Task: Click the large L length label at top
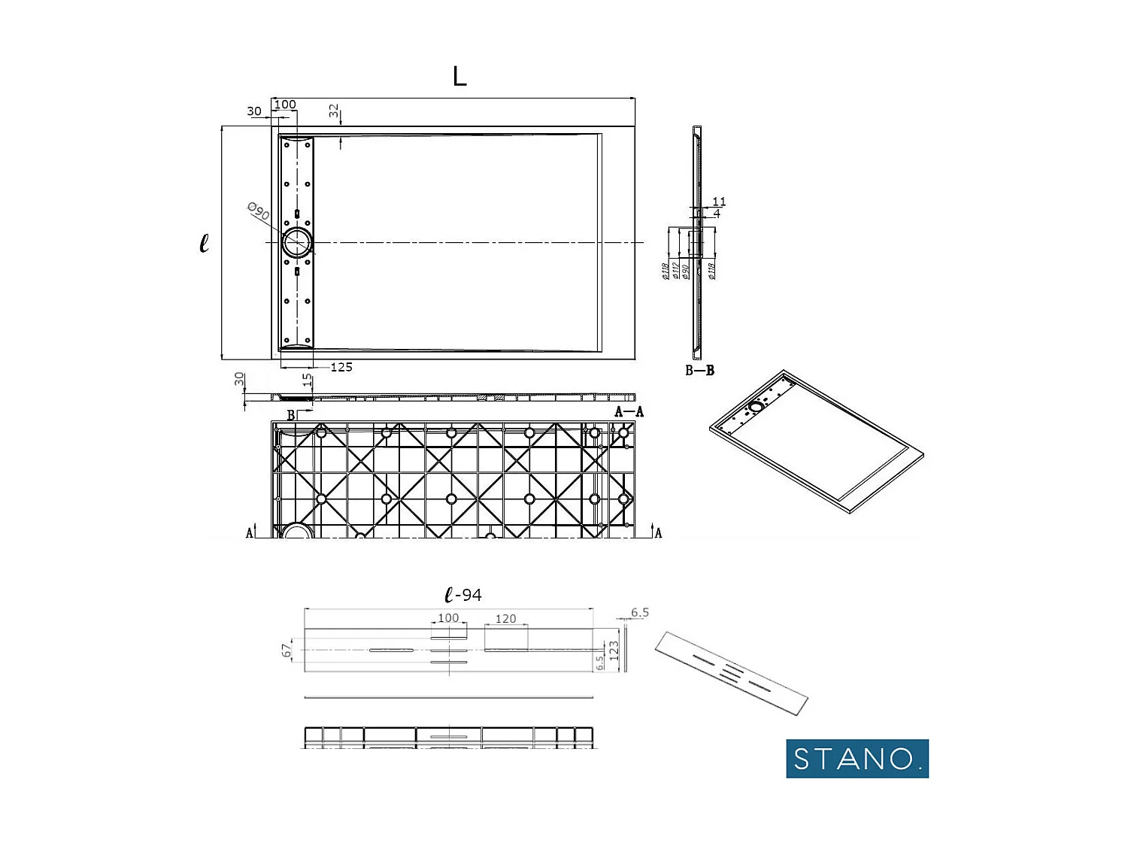(x=459, y=76)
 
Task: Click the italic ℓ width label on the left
(x=204, y=243)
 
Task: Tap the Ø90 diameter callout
(x=258, y=212)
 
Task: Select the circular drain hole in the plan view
(x=297, y=243)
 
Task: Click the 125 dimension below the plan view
(x=341, y=367)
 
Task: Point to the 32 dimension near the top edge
(x=334, y=111)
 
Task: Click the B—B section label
(x=699, y=370)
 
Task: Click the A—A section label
(x=629, y=411)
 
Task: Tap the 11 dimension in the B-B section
(x=719, y=201)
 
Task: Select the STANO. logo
(x=857, y=758)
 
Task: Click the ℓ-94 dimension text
(x=463, y=595)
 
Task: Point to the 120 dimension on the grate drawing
(x=505, y=618)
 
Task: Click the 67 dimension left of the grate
(x=287, y=650)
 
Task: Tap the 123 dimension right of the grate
(x=614, y=650)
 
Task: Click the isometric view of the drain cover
(x=731, y=672)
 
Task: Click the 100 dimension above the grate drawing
(x=448, y=617)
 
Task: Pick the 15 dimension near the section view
(x=307, y=381)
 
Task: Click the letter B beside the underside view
(x=291, y=415)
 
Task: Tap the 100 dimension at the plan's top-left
(x=285, y=105)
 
